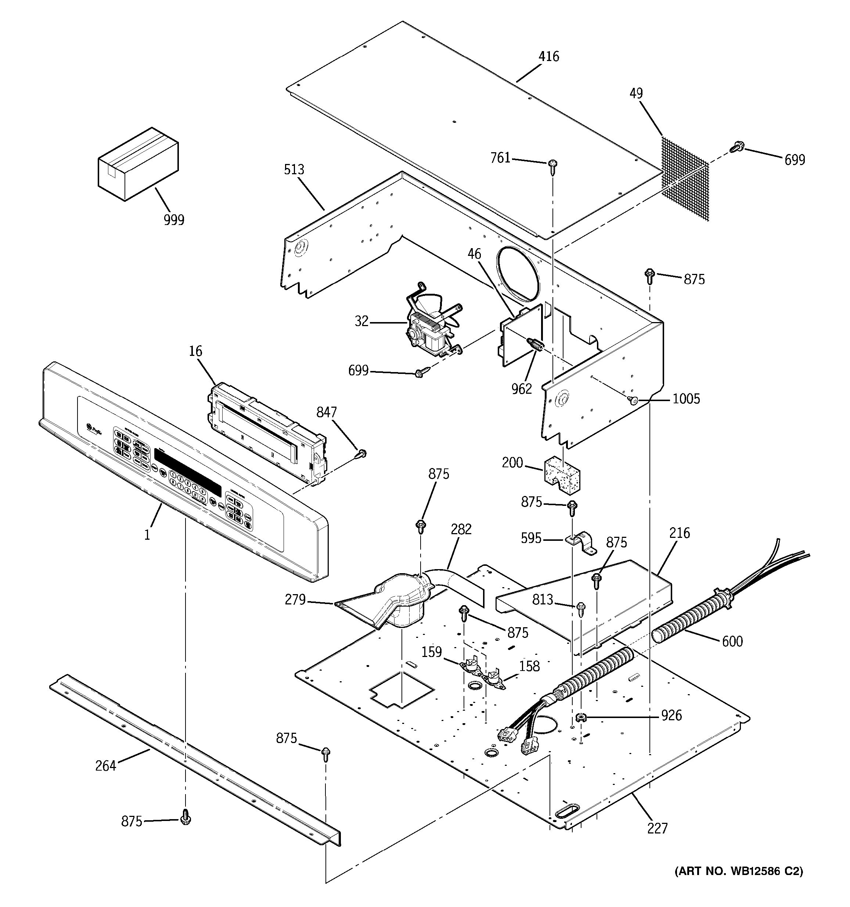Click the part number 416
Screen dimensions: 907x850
[x=548, y=57]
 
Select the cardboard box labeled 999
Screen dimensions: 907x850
[x=138, y=163]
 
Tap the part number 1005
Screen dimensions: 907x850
[x=686, y=399]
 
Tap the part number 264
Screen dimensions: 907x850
[x=106, y=765]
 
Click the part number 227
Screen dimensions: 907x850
[x=657, y=828]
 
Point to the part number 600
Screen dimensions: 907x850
[x=732, y=641]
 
